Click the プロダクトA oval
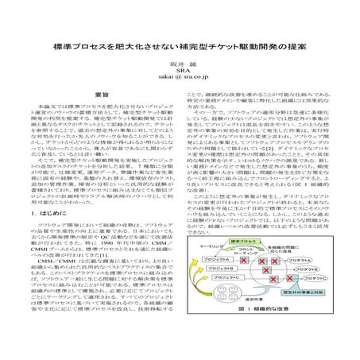pos(304,259)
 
